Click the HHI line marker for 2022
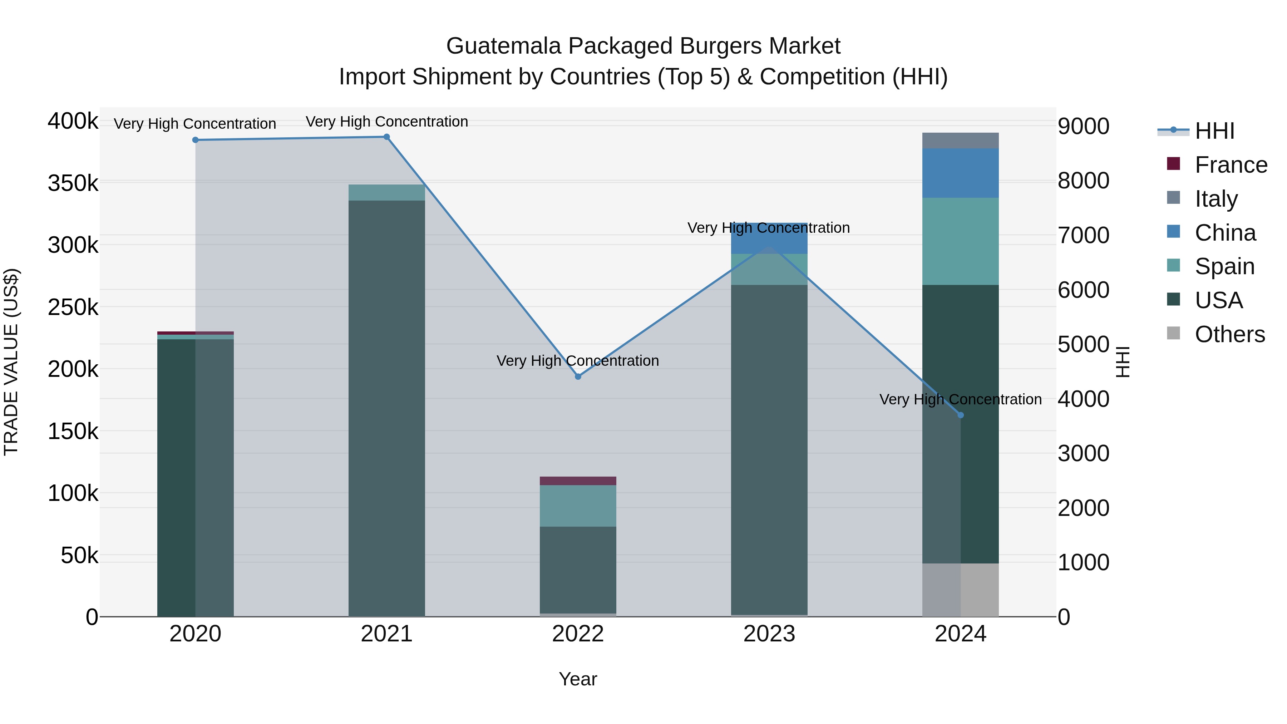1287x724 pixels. pos(578,376)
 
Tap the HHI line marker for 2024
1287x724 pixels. pos(960,415)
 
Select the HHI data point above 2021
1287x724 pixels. pos(387,137)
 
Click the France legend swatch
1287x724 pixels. pos(1173,164)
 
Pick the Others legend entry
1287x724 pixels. pos(1229,334)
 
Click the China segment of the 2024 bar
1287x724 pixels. pos(960,173)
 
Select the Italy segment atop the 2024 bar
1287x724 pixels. pos(960,141)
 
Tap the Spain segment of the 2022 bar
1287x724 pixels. pos(578,505)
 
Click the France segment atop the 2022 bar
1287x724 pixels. pos(578,481)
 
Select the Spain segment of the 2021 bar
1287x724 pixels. pos(387,192)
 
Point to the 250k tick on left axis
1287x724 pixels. pos(73,307)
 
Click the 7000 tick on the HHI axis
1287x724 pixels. pos(1083,235)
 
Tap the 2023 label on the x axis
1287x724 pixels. pos(769,634)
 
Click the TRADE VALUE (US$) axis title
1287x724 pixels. pos(11,362)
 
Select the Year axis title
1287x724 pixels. pos(578,679)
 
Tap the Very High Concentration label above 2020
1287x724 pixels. pos(195,123)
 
